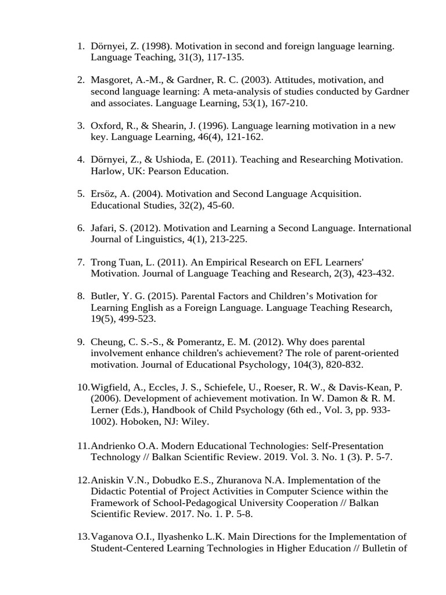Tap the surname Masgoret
[113, 80]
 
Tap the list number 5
[81, 193]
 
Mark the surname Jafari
[105, 228]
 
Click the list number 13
[82, 536]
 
